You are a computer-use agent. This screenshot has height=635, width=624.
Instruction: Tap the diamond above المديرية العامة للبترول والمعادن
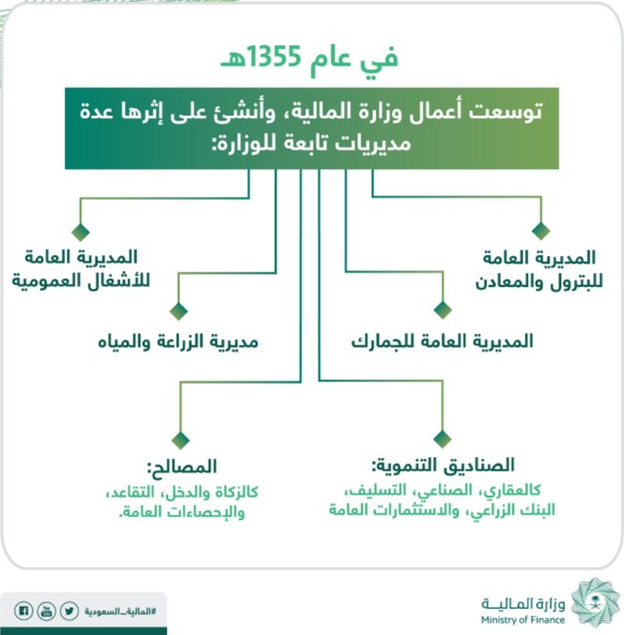point(541,230)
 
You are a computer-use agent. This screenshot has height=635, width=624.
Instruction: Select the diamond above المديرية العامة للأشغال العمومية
point(81,231)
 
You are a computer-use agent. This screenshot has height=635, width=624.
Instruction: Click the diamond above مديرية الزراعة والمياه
point(179,311)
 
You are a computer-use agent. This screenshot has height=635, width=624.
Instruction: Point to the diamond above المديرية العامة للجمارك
point(443,310)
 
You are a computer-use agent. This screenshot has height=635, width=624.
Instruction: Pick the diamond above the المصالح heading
point(180,440)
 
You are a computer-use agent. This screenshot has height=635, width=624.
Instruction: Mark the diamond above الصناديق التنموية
point(443,438)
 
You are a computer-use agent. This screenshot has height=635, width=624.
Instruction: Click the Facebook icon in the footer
point(23,611)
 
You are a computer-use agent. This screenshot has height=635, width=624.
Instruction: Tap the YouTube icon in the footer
point(46,611)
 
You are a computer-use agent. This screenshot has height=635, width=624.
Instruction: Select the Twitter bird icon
point(70,611)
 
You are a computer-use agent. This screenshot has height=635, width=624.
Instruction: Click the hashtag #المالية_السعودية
point(119,611)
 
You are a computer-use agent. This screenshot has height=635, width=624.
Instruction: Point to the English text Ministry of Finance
point(523,620)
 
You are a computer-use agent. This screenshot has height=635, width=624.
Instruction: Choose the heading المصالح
point(182,467)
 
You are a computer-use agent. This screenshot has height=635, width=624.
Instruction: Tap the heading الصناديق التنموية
point(444,465)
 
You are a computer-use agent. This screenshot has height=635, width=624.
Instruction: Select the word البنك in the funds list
point(539,510)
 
